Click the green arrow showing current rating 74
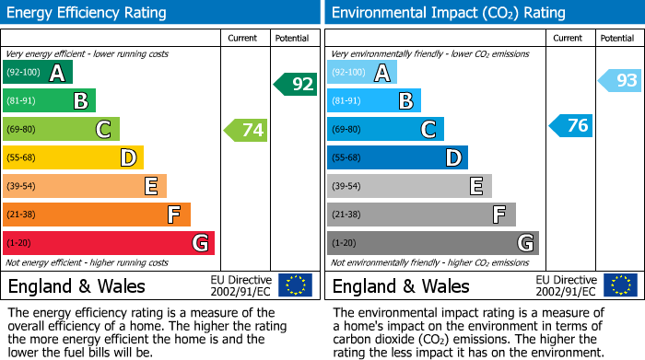click(x=246, y=131)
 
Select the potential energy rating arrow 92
click(x=296, y=85)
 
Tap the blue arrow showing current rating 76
click(x=571, y=126)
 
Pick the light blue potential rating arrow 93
click(x=620, y=81)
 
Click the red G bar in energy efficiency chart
click(x=109, y=243)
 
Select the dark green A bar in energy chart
click(x=38, y=73)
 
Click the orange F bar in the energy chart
click(x=97, y=215)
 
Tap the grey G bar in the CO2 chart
click(x=432, y=243)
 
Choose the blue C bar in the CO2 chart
click(x=385, y=129)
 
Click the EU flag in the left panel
click(x=295, y=285)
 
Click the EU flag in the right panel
click(x=620, y=285)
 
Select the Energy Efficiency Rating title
click(x=88, y=13)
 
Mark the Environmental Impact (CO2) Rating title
click(x=448, y=13)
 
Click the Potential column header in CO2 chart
click(x=617, y=38)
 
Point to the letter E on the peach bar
click(x=150, y=187)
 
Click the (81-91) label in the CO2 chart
click(x=347, y=101)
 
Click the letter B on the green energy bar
click(x=80, y=101)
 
